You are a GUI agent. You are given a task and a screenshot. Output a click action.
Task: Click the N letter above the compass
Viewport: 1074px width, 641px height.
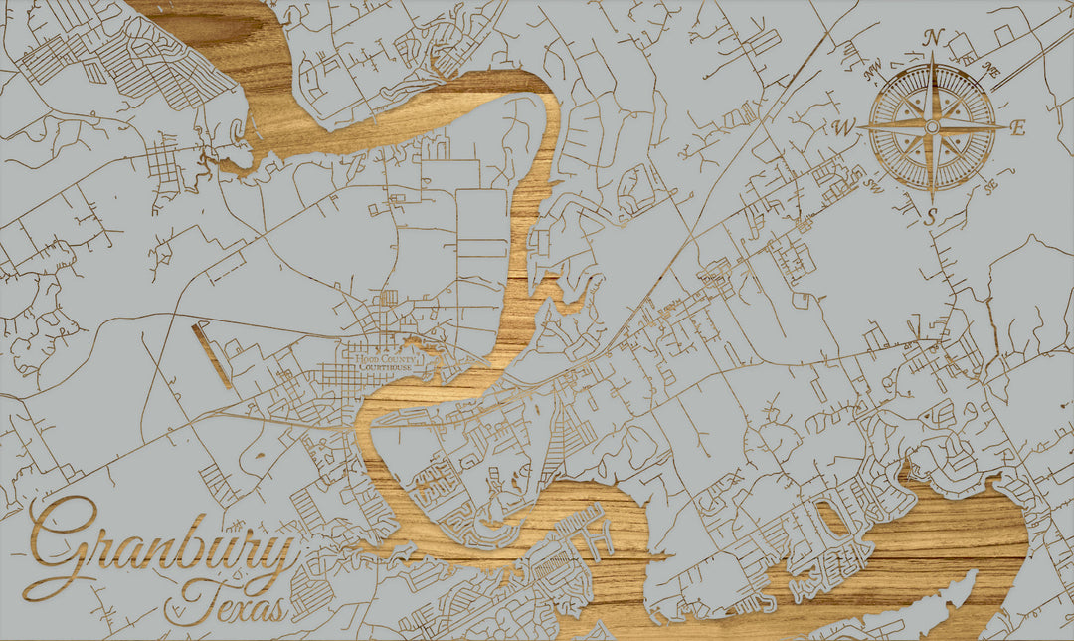(933, 38)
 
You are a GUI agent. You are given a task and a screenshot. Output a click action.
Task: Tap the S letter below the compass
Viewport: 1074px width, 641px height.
(931, 217)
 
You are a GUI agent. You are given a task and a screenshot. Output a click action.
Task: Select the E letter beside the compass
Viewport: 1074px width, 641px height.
(1017, 127)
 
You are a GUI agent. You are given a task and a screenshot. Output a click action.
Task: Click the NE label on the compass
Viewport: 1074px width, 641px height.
(990, 69)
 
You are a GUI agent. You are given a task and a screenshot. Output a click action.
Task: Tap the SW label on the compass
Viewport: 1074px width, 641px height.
(874, 184)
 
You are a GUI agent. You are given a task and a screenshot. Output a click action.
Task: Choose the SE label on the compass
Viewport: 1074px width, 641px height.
(988, 186)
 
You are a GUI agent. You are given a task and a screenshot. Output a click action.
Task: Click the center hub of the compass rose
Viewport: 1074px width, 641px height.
(932, 127)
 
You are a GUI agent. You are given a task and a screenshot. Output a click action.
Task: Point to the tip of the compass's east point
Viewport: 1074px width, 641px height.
(1004, 127)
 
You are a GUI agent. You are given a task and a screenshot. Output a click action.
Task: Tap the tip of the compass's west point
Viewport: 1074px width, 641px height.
(861, 127)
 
